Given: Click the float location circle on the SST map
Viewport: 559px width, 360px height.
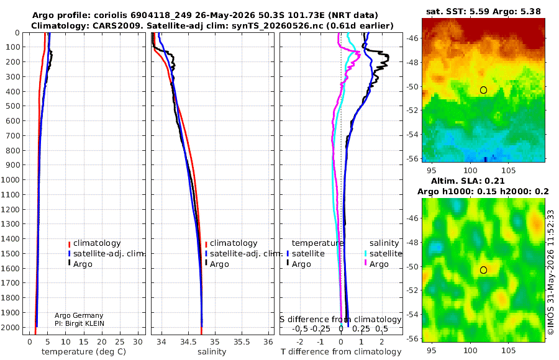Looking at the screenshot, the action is click(483, 90).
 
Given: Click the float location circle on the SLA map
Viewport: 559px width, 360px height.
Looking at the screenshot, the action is click(483, 270).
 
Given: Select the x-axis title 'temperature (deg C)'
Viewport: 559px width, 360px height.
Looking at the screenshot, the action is click(84, 352).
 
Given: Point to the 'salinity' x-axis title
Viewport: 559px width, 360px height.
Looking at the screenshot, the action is click(212, 352).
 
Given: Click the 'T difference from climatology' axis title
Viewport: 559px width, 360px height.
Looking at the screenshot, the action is click(341, 352).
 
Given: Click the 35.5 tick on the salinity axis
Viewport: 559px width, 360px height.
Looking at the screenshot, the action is click(242, 341).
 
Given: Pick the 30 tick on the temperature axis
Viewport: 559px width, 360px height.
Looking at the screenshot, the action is click(138, 341).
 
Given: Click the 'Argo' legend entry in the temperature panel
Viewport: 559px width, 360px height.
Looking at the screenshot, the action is click(83, 264).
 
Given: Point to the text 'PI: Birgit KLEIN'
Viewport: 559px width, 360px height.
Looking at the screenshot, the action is click(80, 323).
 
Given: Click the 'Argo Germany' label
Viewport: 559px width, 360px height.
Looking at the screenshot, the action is click(79, 315).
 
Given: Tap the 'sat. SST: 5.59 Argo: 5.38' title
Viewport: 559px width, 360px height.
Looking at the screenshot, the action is click(483, 11).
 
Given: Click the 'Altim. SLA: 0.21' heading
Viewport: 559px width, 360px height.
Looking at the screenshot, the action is click(468, 181).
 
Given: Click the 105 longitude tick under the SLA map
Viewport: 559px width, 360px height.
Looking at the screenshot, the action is click(508, 350).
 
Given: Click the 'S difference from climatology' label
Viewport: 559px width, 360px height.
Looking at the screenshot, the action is click(340, 320).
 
